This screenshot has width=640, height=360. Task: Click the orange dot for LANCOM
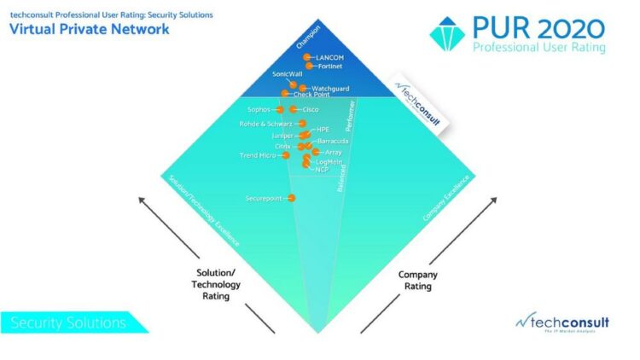click(x=307, y=57)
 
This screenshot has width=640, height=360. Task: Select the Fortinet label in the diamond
click(x=330, y=66)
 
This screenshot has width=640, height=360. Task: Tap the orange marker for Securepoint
click(x=292, y=198)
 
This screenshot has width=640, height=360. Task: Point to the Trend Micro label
click(x=257, y=155)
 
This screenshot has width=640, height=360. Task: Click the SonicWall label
click(x=288, y=74)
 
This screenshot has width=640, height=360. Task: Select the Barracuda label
click(x=333, y=141)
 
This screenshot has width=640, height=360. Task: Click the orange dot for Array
click(x=308, y=152)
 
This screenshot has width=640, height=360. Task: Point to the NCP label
click(x=322, y=170)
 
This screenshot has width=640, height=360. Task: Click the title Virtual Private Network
click(x=90, y=30)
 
